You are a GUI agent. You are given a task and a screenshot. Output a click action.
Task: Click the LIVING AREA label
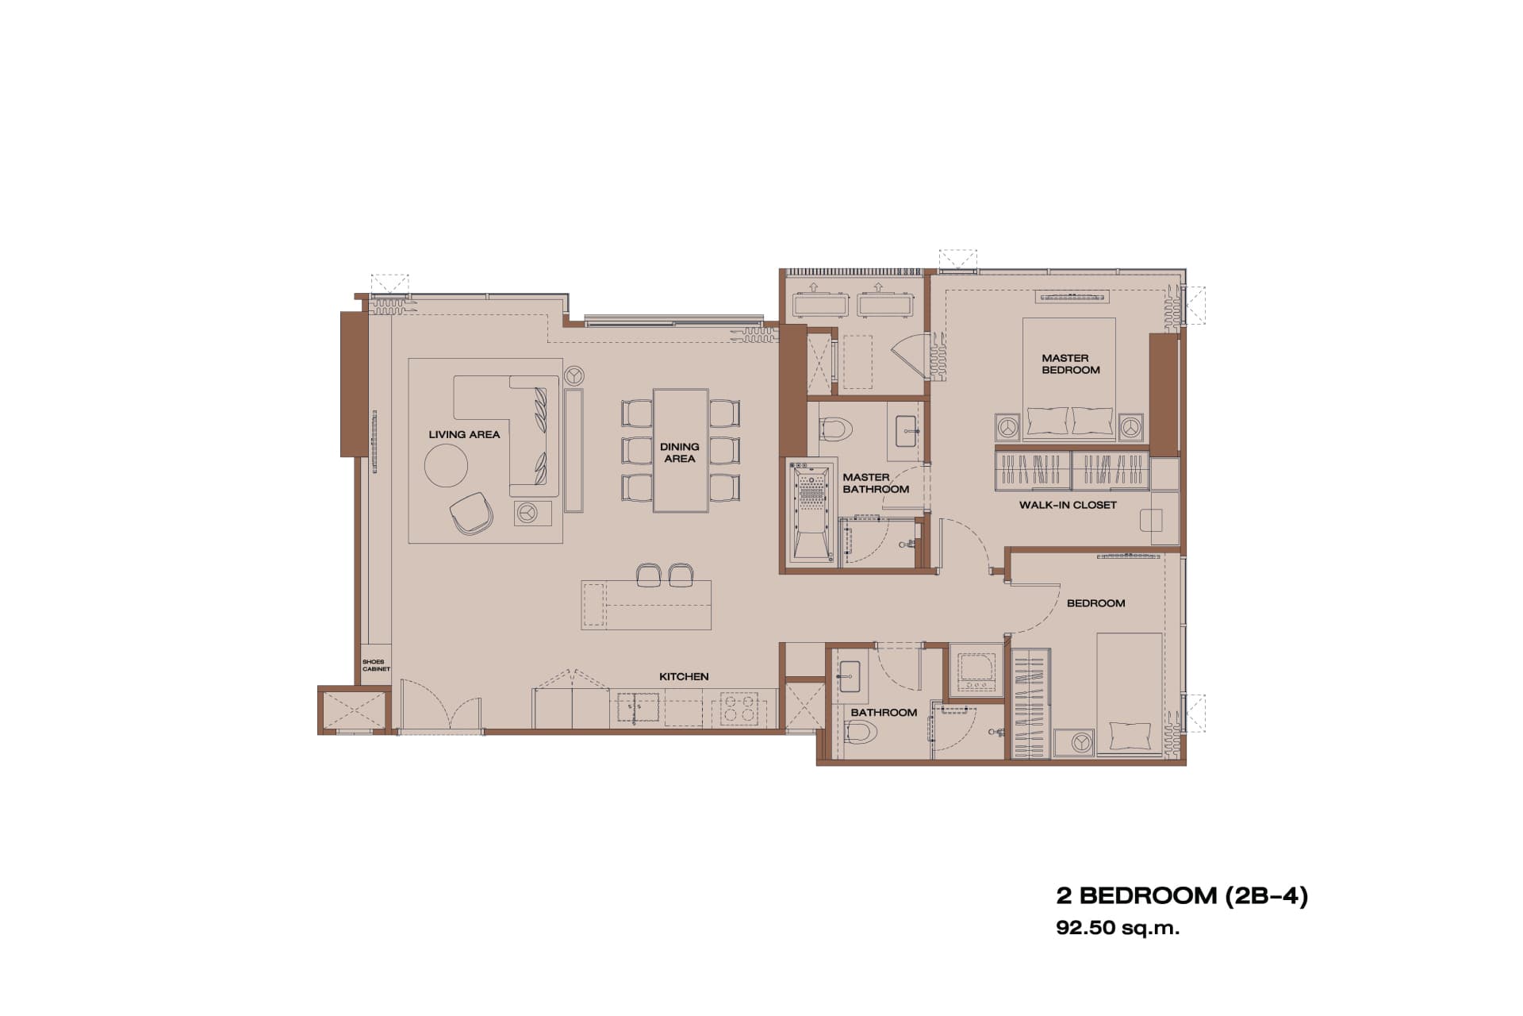(464, 434)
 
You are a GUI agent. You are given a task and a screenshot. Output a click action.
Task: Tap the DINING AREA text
(680, 452)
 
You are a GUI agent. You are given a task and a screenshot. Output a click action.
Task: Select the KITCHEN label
(684, 676)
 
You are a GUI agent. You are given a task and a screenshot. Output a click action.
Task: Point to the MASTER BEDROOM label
(1070, 364)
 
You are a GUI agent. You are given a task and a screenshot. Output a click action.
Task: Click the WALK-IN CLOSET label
(1068, 505)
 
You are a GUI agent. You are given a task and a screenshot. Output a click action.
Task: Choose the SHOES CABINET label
(376, 665)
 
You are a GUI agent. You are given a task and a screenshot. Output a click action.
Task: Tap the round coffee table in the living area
(446, 464)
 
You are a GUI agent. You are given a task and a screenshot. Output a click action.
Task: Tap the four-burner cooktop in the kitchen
(738, 708)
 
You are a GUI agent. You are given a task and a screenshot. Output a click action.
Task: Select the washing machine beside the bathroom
(976, 672)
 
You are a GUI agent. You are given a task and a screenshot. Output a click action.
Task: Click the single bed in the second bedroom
(1130, 695)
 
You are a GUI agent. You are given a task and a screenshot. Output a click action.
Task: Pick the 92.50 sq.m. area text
(1118, 928)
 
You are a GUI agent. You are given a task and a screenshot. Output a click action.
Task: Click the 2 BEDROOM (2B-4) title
(1181, 895)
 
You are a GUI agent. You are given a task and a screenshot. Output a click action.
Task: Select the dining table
(681, 450)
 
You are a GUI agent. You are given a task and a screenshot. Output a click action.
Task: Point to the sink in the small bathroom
(850, 675)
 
